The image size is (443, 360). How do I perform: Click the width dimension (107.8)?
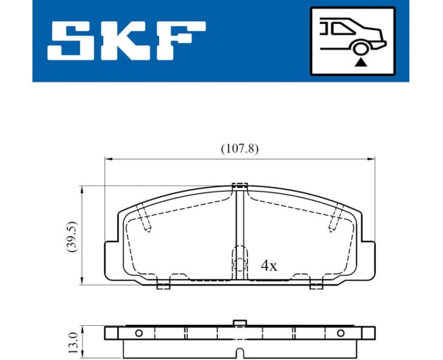click(239, 149)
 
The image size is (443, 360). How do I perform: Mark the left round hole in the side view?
click(138, 333)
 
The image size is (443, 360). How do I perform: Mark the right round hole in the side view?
click(341, 333)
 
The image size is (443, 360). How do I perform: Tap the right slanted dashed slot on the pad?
click(336, 218)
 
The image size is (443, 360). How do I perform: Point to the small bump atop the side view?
click(240, 324)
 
